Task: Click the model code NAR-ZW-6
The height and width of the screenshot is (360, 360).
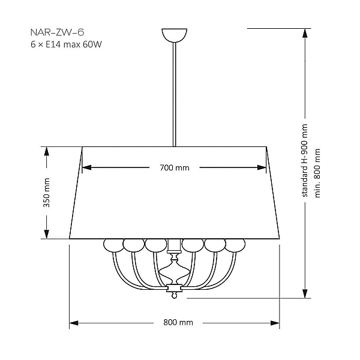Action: click(57, 32)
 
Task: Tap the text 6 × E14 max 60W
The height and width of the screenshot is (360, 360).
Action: click(66, 44)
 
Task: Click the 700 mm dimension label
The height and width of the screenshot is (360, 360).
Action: click(175, 167)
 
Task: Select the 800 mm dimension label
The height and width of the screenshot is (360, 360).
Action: click(178, 323)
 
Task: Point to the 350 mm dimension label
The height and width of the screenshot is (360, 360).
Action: click(46, 193)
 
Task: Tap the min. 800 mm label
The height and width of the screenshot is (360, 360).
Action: click(317, 173)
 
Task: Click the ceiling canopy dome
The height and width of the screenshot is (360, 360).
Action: click(175, 35)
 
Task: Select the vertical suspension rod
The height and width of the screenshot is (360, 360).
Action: click(175, 94)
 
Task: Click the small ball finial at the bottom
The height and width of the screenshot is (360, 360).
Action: click(174, 296)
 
